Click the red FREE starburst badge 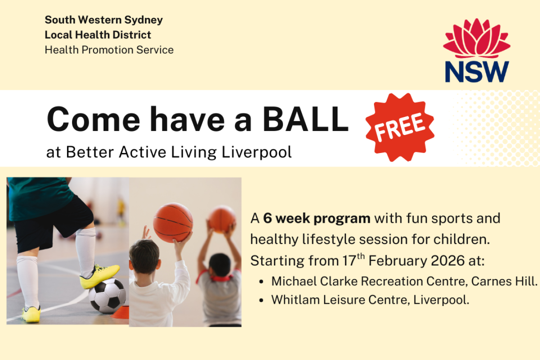coord(400,127)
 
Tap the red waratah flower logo coord(477,38)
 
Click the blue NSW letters coord(477,72)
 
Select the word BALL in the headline coord(306,119)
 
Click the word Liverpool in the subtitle coord(256,153)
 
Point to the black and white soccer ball coord(107,296)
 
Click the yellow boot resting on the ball coord(99,276)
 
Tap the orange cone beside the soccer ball coord(120,312)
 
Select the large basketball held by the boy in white coord(173,223)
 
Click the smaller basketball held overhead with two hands coord(222,219)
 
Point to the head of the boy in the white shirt coord(144,256)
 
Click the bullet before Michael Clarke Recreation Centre coord(261,282)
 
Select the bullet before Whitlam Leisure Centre coord(261,301)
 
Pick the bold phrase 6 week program coord(317,219)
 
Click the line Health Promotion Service coord(109,50)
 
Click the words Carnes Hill coord(504,281)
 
